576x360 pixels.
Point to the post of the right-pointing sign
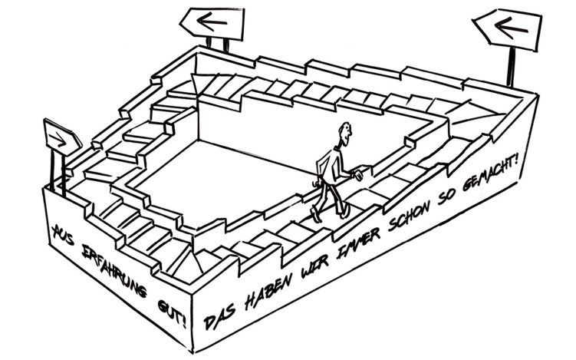point(55,169)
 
